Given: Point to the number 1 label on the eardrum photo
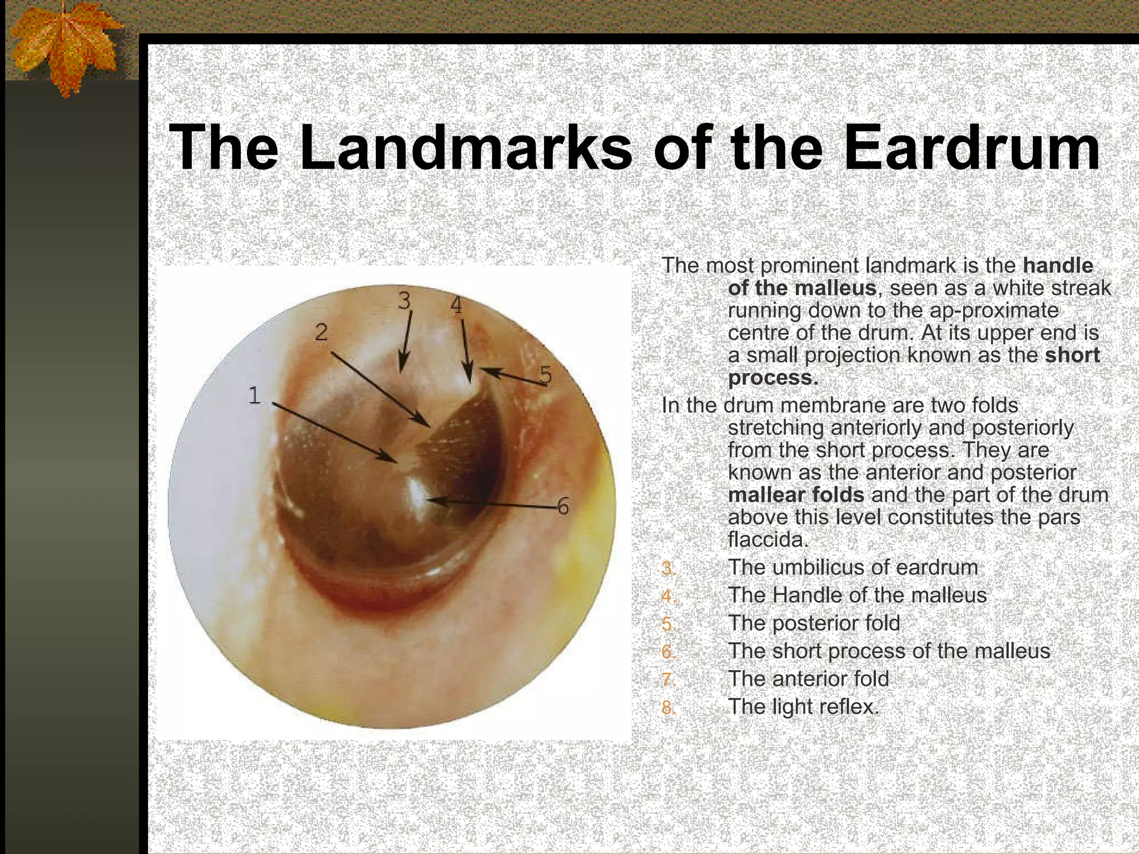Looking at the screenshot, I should point(254,396).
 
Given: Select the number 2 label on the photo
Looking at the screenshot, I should point(321,332).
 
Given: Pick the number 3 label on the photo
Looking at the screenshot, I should point(404,301).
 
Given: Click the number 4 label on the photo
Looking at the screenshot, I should point(456,305).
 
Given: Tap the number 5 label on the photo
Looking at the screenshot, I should point(546,376).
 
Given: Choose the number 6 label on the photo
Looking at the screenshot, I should point(563,507).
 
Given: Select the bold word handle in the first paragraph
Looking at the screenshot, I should point(1058,266).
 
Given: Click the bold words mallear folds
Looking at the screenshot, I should point(796,495).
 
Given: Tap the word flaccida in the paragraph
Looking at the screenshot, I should point(767,540).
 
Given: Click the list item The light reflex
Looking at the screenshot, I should point(804,707).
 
